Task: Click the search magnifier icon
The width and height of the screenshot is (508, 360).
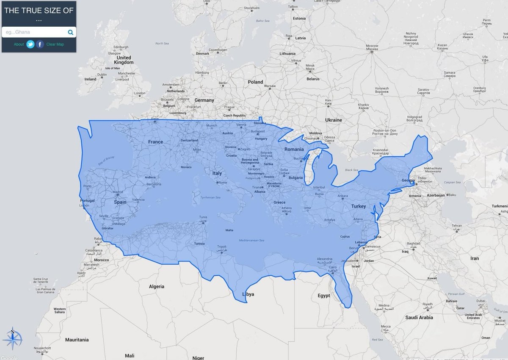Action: [x=70, y=32]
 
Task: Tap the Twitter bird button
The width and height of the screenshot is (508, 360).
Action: [x=30, y=44]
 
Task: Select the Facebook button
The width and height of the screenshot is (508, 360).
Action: [x=40, y=44]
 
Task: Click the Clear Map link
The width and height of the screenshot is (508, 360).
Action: [x=55, y=44]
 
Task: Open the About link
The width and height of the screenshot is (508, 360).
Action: [x=19, y=44]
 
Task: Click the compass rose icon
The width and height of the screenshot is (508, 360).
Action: [x=12, y=339]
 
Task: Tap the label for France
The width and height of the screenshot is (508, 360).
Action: [x=155, y=142]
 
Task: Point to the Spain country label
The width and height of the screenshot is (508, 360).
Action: [x=120, y=202]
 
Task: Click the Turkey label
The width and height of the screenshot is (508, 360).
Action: [x=358, y=206]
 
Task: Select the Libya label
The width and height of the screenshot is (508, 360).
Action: [x=248, y=294]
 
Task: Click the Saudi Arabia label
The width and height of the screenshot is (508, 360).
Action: [x=419, y=317]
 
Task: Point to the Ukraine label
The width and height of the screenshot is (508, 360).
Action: [x=334, y=120]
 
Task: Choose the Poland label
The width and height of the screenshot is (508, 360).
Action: [x=255, y=82]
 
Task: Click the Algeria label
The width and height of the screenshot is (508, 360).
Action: [x=156, y=286]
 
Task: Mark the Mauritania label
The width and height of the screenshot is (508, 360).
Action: [x=77, y=340]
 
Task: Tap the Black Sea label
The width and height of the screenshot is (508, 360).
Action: [x=351, y=170]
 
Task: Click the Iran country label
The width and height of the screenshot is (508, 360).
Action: [x=475, y=258]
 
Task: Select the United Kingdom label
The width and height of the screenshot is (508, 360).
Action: [x=124, y=60]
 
